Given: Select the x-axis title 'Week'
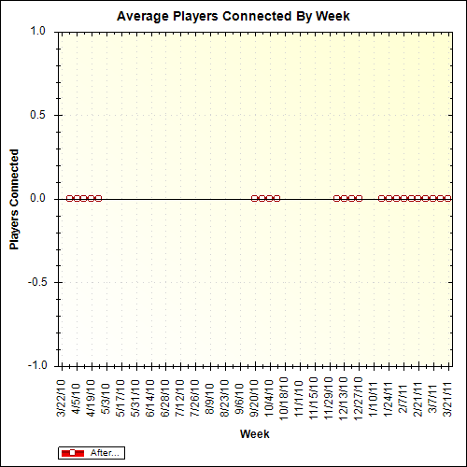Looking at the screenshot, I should coord(254,434).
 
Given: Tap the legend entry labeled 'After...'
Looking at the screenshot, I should coord(91,453).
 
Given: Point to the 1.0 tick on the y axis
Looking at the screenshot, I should coord(38,31).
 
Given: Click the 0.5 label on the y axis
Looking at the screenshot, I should coord(38,115).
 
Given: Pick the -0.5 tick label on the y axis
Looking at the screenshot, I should coord(36,282).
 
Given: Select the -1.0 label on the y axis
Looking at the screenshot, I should coord(36,365).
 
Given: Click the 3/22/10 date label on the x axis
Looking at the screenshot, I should coord(62,396).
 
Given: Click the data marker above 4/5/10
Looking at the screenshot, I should coord(77,198).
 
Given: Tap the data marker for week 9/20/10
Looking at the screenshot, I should coord(254,198).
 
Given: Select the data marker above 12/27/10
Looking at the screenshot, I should coord(359,198).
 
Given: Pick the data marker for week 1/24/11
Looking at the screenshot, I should coord(389,198).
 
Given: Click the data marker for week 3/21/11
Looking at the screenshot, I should coord(448,198).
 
